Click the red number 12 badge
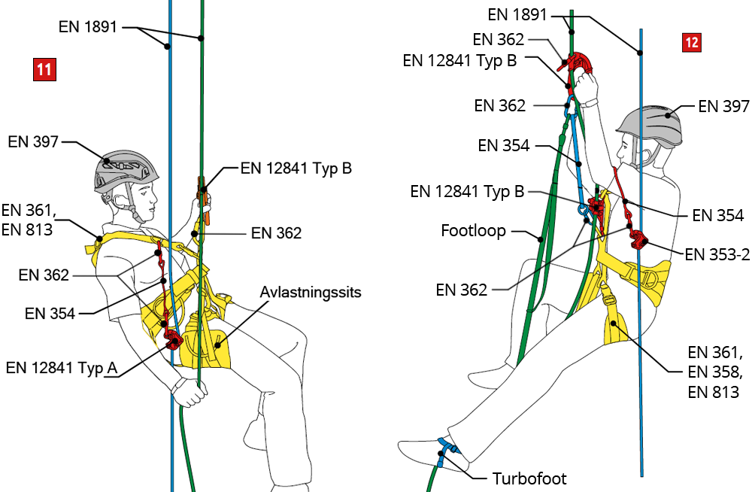691,43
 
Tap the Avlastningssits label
311,291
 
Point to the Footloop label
475,230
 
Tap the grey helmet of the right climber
650,123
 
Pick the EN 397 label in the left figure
33,141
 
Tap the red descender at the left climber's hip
173,340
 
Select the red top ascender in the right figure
578,63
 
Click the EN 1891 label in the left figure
88,27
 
